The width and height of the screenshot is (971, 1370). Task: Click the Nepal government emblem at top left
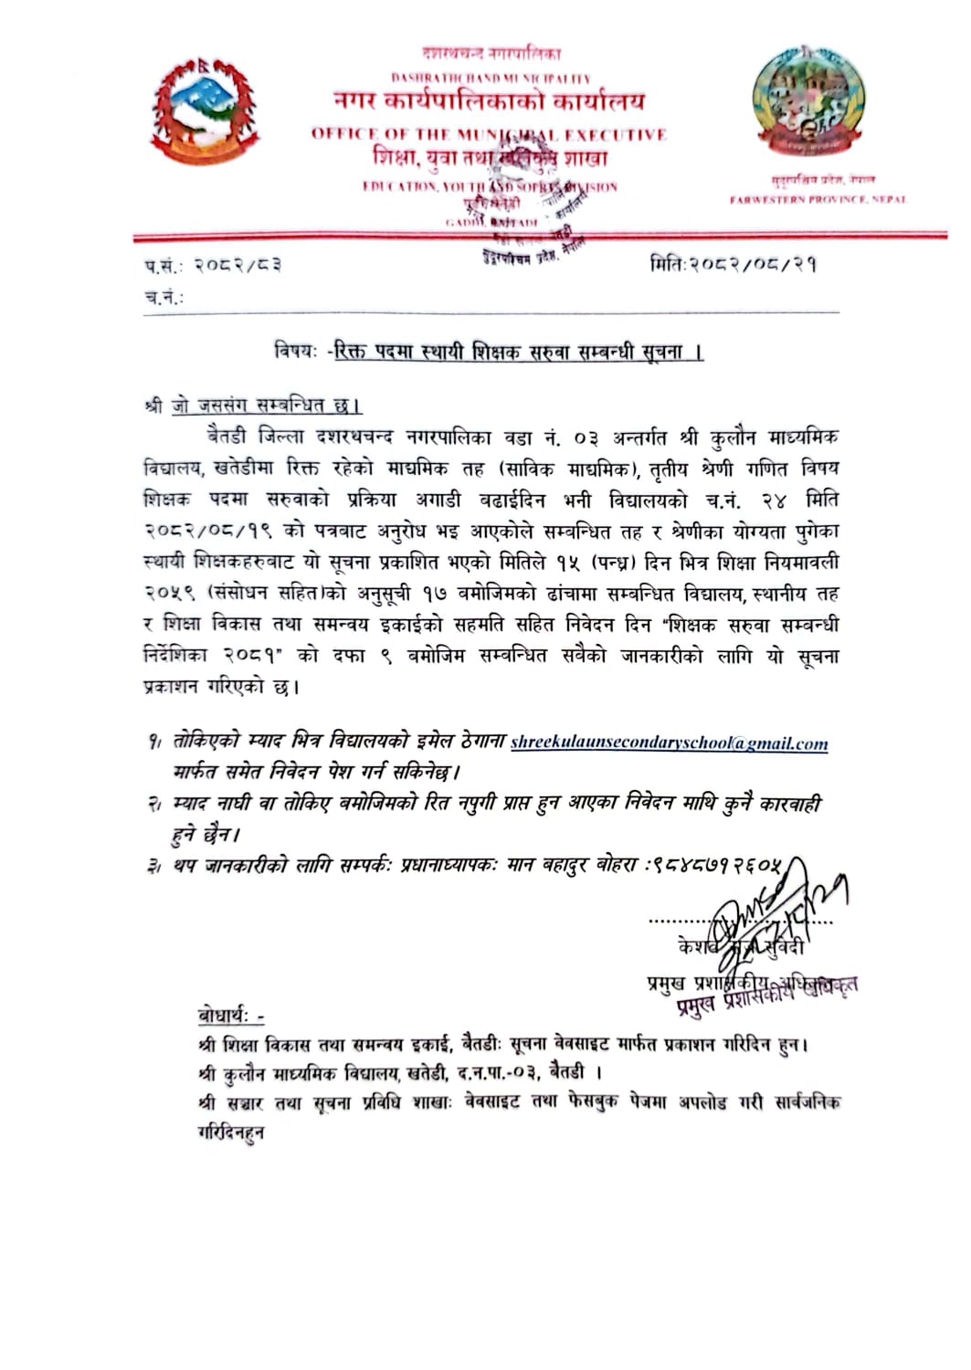[x=205, y=111]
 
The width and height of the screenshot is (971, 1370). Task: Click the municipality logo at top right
[x=807, y=100]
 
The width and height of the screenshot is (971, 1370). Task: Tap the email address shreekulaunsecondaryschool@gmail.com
[x=669, y=743]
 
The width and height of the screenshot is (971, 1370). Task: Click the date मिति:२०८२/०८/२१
[x=733, y=265]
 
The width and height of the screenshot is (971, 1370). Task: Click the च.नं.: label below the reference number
[x=164, y=297]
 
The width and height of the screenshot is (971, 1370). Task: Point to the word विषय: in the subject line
[x=296, y=351]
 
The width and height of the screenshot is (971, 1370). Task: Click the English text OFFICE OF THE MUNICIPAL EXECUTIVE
[x=489, y=134]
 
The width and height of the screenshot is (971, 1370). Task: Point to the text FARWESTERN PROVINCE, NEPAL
[x=818, y=199]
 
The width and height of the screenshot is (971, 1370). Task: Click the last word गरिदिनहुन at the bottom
[x=231, y=1133]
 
